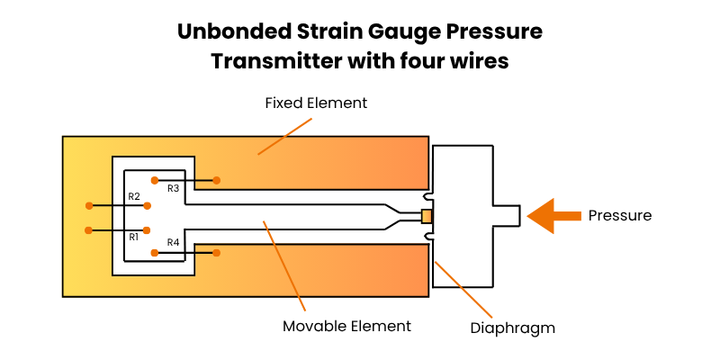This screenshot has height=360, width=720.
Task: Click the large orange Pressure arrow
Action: [x=551, y=216]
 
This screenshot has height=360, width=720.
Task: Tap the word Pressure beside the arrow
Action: [x=619, y=216]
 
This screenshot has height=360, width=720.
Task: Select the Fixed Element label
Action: [x=316, y=103]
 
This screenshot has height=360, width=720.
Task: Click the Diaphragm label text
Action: [x=513, y=328]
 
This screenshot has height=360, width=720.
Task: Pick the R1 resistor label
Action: [x=133, y=237]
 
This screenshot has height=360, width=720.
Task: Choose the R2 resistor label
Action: [x=133, y=196]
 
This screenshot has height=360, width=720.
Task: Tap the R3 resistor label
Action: [x=174, y=188]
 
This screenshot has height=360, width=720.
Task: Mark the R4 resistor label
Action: [x=174, y=243]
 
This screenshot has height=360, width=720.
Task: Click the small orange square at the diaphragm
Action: [x=427, y=216]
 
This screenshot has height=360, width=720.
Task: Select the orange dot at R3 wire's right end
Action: [x=217, y=180]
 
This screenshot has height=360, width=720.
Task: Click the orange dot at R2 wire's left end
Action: [x=88, y=204]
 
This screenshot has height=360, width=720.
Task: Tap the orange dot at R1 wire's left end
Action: [x=88, y=230]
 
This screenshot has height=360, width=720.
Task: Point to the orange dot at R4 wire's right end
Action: [x=217, y=253]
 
